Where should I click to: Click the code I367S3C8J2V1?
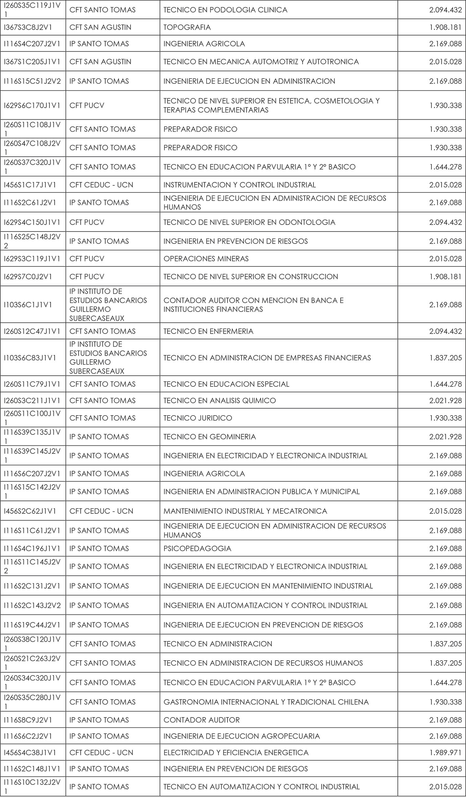28,27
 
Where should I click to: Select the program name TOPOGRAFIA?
187,27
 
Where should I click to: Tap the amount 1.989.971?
445,752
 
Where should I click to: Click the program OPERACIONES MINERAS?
206,259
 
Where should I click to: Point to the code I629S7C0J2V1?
28,277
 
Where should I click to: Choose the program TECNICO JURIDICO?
198,418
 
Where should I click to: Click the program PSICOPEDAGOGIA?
197,549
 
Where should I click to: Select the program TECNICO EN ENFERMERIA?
208,331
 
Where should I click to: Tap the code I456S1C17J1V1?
30,185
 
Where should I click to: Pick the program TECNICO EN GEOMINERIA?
210,437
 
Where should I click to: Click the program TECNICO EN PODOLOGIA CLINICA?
225,10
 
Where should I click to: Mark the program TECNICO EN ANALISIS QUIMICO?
220,401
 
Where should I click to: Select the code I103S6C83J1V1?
30,358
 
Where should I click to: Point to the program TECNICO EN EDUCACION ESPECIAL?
226,384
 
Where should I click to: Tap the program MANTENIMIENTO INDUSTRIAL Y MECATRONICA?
245,511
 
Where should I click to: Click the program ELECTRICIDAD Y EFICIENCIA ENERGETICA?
236,752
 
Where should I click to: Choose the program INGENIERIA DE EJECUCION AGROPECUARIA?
242,736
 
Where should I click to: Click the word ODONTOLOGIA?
307,222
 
